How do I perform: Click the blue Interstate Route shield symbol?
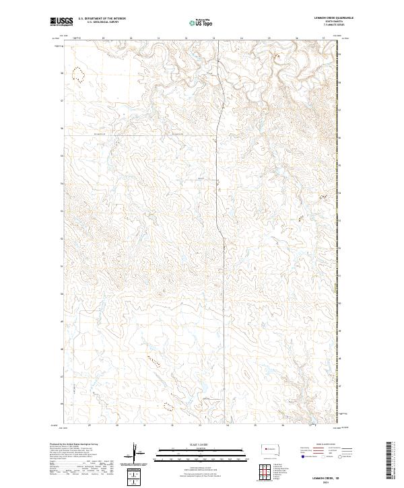click(x=300, y=456)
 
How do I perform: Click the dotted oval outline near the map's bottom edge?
click(x=167, y=406)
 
